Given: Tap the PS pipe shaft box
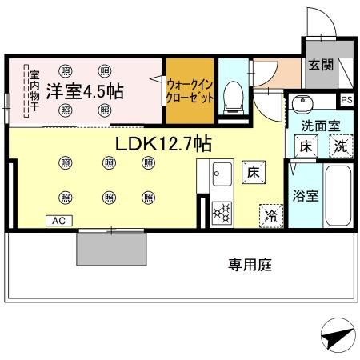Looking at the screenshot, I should tap(346, 100).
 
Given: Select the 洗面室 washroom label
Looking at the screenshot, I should tap(320, 126).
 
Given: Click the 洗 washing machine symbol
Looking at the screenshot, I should tap(340, 146).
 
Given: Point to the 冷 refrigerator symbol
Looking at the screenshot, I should tap(270, 214).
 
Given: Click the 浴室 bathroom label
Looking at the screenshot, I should tap(306, 195).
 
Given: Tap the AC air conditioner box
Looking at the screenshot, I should tap(60, 220).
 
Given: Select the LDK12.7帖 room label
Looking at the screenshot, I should tap(163, 144).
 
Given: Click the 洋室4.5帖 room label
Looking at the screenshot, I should tap(83, 91).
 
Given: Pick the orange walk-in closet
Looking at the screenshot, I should tap(190, 90).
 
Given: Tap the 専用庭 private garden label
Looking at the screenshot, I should tap(250, 264).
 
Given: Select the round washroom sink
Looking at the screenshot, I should tap(302, 104).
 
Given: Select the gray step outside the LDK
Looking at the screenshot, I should tap(112, 250).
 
